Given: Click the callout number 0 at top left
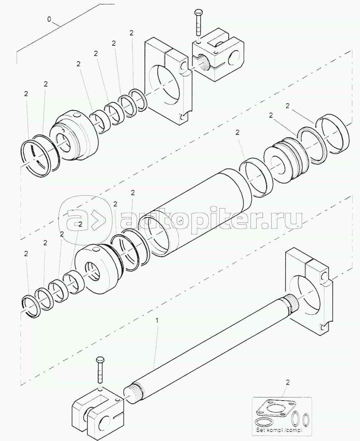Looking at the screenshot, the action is pos(49,19).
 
